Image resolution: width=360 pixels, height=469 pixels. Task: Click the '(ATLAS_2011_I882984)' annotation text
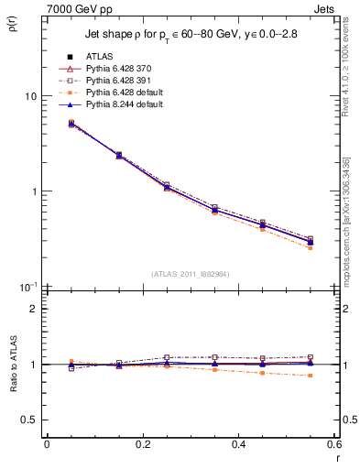point(191,274)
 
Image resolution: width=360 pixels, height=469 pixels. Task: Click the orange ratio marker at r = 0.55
point(310,376)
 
